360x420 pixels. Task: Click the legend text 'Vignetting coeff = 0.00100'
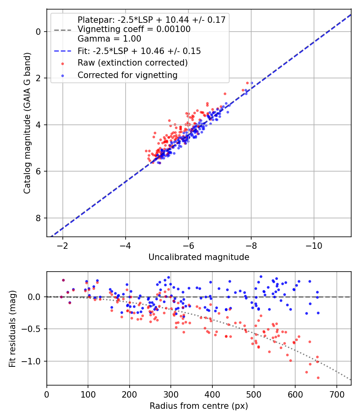tap(134, 29)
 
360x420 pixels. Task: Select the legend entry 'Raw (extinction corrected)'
tap(132, 63)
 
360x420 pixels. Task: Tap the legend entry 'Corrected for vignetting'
tap(127, 75)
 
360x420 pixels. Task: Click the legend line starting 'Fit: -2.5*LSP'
tap(139, 51)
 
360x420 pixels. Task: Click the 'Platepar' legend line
tap(151, 20)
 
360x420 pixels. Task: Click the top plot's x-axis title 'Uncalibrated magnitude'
tap(199, 257)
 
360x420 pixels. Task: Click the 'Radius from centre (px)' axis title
tap(199, 406)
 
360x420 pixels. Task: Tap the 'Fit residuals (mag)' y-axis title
tap(12, 329)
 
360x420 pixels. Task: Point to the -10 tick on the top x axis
tap(314, 245)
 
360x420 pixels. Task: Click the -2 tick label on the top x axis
tap(62, 245)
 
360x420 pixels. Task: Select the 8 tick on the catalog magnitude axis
tap(38, 218)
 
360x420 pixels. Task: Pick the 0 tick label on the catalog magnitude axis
tap(38, 31)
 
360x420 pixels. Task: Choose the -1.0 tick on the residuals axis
tap(34, 361)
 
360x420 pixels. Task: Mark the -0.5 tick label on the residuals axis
tap(34, 329)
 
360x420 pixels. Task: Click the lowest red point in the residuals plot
tap(318, 378)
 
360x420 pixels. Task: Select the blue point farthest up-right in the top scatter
tap(252, 83)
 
